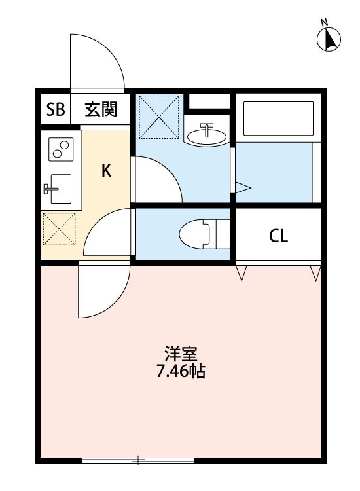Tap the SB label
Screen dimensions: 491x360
(x=55, y=110)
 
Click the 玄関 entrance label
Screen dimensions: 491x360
(x=100, y=110)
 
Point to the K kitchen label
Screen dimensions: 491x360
(x=106, y=171)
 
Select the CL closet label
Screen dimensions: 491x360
(x=278, y=236)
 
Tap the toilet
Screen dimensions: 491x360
(x=200, y=234)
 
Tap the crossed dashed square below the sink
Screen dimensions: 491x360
(x=60, y=230)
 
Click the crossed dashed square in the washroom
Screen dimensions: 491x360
(x=160, y=117)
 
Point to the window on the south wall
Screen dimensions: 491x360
(x=139, y=461)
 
